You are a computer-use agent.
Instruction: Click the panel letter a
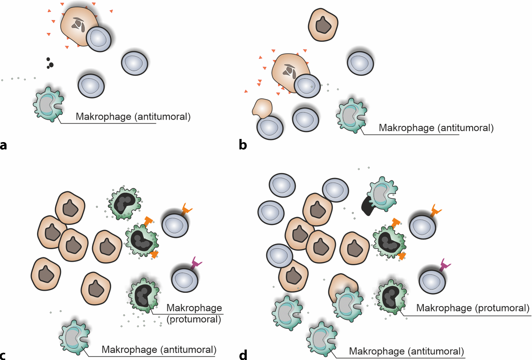4,145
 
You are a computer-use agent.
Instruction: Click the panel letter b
243,145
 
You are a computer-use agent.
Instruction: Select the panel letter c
3,355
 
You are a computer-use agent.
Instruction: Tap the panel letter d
243,355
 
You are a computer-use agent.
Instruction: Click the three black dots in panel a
49,63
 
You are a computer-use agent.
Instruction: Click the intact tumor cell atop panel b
323,24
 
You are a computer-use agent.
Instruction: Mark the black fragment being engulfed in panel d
368,206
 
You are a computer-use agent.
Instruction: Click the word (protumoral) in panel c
194,319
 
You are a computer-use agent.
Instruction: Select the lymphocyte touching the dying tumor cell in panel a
99,39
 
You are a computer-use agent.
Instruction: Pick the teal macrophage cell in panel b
351,116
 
